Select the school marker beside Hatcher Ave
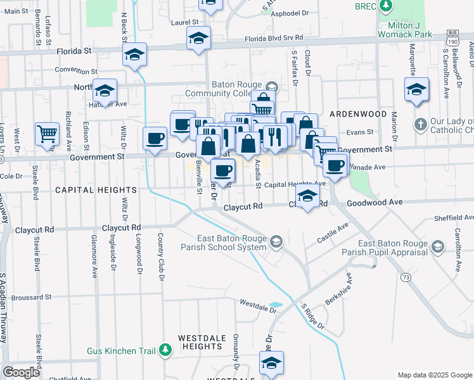(x=105, y=91)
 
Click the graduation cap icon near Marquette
(x=416, y=89)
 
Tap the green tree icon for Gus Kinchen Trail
(x=165, y=349)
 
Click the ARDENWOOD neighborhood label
(x=358, y=113)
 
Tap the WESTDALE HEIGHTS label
(x=202, y=342)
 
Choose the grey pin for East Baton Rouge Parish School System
(x=276, y=242)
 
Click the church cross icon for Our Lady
(x=420, y=123)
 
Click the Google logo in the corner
(x=22, y=372)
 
